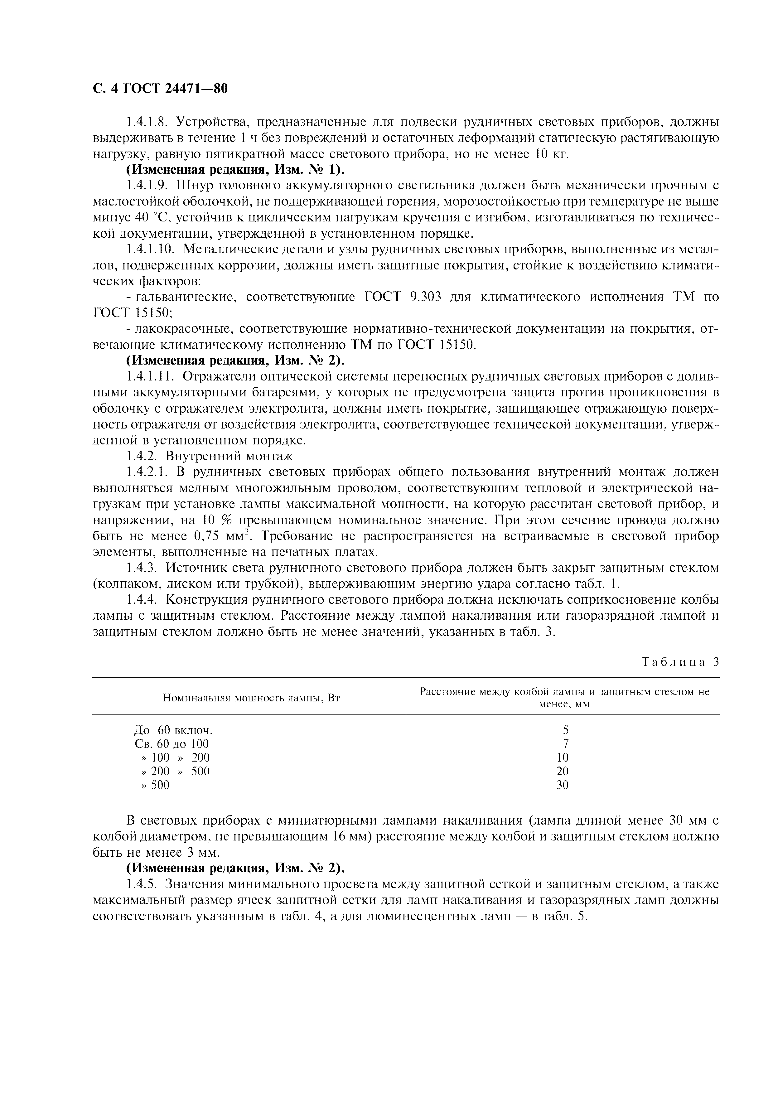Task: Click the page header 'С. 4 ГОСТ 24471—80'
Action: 160,89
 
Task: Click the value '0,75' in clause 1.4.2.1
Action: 206,536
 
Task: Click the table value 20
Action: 563,771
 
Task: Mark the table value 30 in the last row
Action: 563,785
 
